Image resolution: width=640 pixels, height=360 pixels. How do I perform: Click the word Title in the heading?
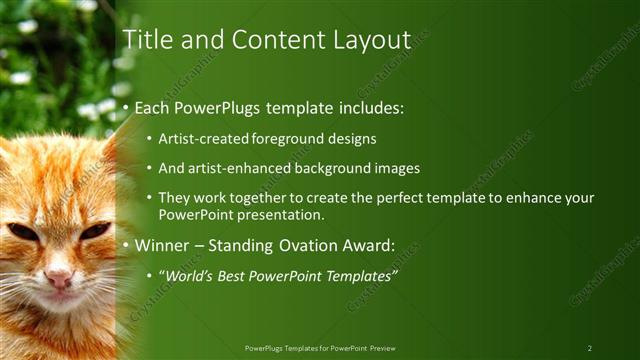pyautogui.click(x=145, y=39)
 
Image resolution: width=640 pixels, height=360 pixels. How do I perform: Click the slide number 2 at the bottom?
pyautogui.click(x=589, y=348)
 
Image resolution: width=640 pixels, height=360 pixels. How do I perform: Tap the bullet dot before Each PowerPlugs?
pyautogui.click(x=126, y=108)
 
